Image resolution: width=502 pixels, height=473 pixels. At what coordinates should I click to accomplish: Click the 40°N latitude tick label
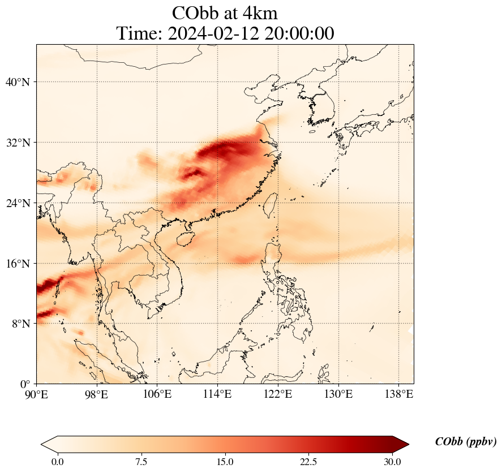[17, 82]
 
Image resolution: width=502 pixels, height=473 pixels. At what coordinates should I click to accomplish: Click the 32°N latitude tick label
[17, 143]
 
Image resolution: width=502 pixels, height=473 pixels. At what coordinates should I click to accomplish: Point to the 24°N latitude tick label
[17, 203]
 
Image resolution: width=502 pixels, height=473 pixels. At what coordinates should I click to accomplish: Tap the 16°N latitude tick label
[17, 264]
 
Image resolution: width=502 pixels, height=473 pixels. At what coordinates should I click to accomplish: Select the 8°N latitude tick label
[20, 324]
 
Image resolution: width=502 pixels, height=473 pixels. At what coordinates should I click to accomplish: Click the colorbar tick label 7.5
[141, 462]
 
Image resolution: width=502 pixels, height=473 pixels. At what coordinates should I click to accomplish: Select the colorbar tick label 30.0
[392, 462]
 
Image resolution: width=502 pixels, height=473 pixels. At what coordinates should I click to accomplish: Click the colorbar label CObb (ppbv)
[466, 442]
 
